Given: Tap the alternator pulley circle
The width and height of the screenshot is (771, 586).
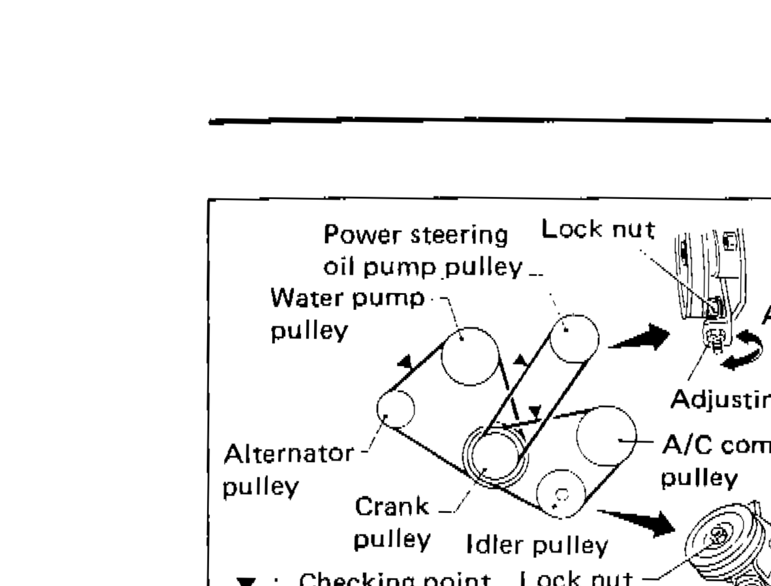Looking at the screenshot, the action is point(396,409).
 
